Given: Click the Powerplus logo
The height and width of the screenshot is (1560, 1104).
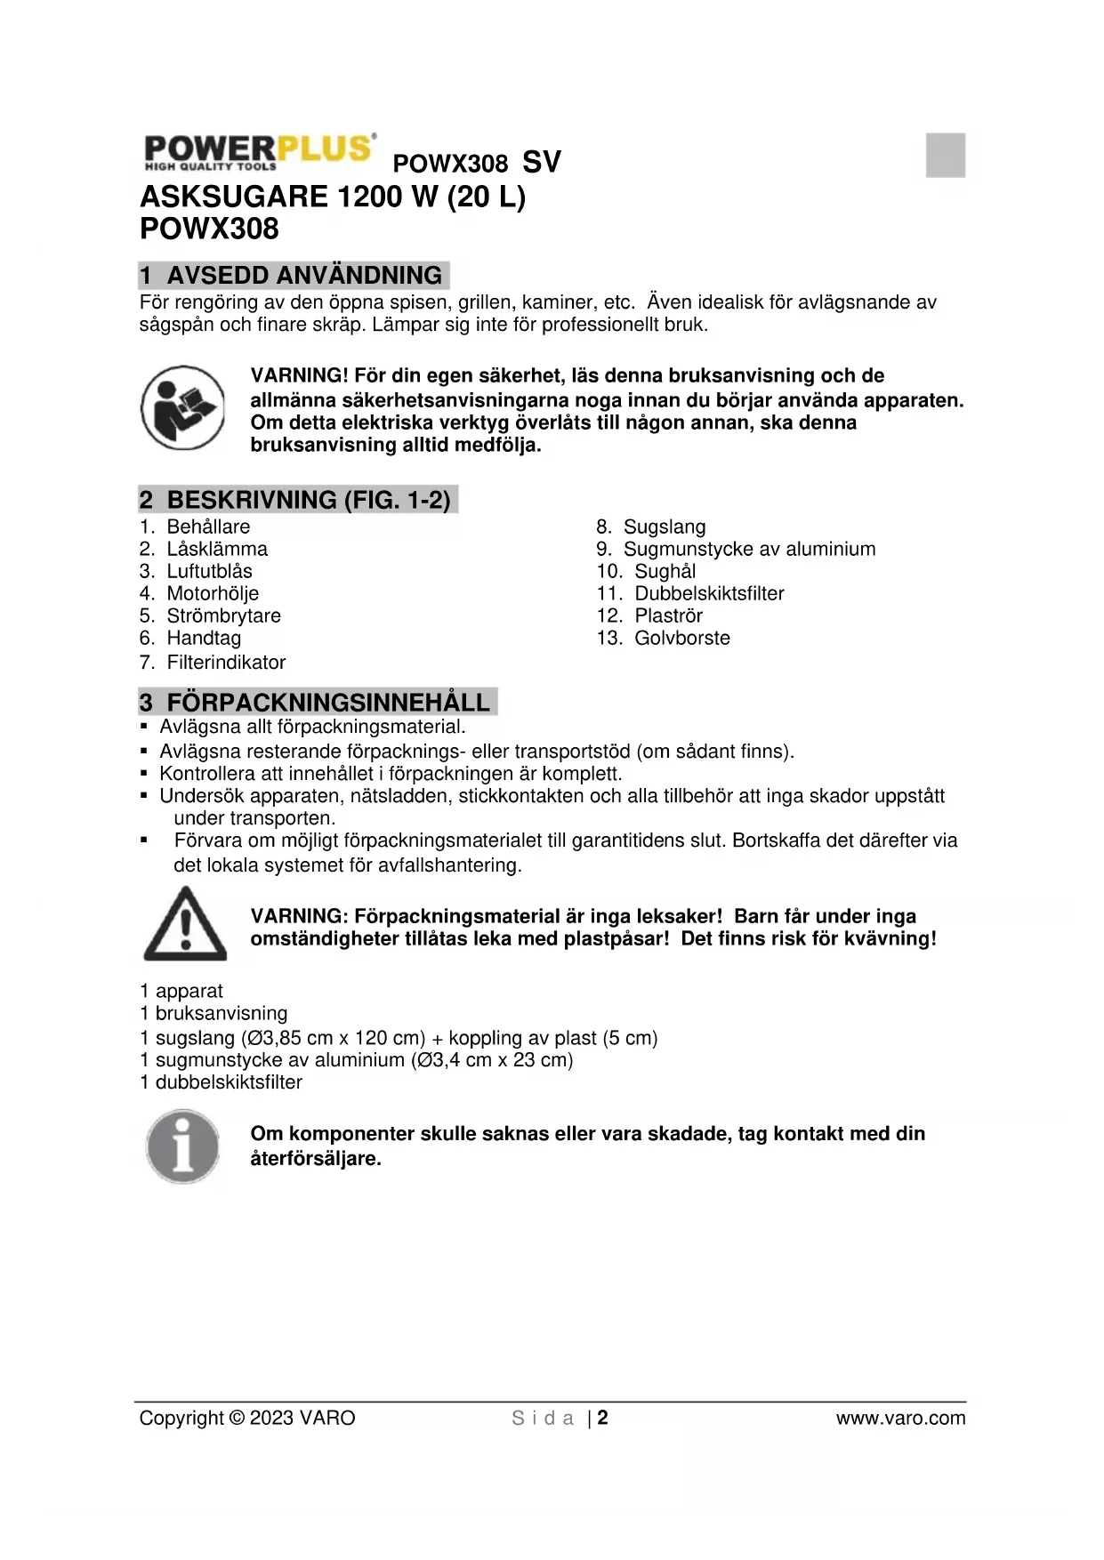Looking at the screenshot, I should click(x=258, y=153).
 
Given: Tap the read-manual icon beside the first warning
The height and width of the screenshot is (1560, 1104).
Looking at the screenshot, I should click(x=182, y=408).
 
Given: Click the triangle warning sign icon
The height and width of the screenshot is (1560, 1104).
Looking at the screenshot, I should click(x=185, y=924).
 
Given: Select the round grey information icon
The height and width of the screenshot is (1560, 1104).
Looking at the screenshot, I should click(x=182, y=1146).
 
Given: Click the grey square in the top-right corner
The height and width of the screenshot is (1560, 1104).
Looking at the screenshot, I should click(x=945, y=155).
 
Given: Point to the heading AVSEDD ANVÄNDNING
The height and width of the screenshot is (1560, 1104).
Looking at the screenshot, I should click(x=303, y=275).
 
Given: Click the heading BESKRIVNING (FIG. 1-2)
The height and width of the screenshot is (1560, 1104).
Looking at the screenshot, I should click(x=308, y=500).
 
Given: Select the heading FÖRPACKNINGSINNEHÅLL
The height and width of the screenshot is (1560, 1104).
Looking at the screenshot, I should click(x=327, y=703).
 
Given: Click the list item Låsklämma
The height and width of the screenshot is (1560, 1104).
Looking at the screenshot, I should click(x=217, y=549).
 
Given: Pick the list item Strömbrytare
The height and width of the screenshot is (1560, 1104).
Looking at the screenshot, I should click(x=223, y=615).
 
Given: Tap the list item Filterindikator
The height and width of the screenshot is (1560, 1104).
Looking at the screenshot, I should click(x=226, y=662).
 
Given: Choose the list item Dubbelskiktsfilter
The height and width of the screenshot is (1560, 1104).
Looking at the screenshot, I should click(x=708, y=593).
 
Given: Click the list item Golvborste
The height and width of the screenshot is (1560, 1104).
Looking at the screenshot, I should click(x=681, y=638).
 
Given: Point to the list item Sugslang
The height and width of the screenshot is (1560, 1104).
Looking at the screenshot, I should click(x=664, y=527).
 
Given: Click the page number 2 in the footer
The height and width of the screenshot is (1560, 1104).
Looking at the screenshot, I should click(x=602, y=1418).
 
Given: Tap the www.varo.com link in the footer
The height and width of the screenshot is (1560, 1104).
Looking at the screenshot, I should click(x=900, y=1418).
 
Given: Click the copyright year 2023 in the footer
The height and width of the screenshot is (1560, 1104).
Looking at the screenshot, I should click(x=271, y=1418).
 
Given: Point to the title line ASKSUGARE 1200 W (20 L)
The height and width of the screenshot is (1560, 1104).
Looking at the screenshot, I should click(x=333, y=196).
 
